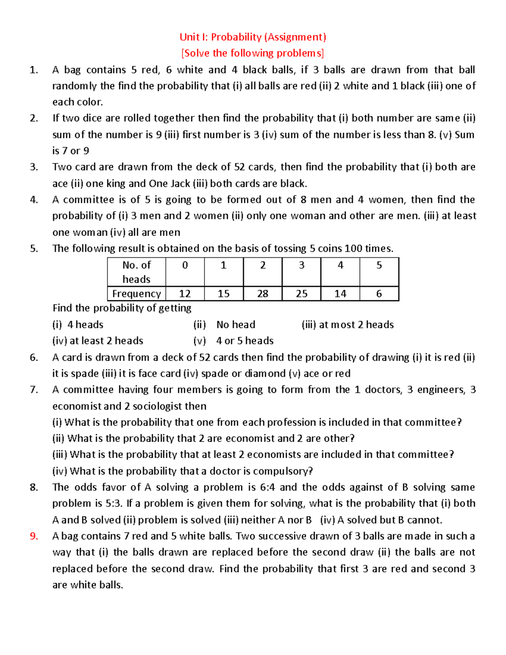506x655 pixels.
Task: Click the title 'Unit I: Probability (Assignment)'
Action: (253, 37)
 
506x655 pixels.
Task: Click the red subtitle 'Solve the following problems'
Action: (253, 53)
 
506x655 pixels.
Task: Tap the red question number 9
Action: (34, 536)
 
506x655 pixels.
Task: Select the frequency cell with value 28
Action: (262, 294)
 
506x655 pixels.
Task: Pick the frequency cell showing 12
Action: (185, 294)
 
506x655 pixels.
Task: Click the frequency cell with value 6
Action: (379, 294)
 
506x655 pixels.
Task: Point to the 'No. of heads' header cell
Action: (136, 272)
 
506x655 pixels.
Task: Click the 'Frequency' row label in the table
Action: (136, 294)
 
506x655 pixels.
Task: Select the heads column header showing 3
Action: (301, 266)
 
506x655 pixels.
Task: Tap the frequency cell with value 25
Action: (301, 294)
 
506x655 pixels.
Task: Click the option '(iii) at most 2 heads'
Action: (347, 325)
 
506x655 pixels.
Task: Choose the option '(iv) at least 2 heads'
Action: (98, 341)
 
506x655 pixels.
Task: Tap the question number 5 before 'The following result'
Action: (34, 248)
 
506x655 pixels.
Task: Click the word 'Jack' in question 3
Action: (180, 183)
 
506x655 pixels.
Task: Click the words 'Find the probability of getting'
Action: (122, 308)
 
